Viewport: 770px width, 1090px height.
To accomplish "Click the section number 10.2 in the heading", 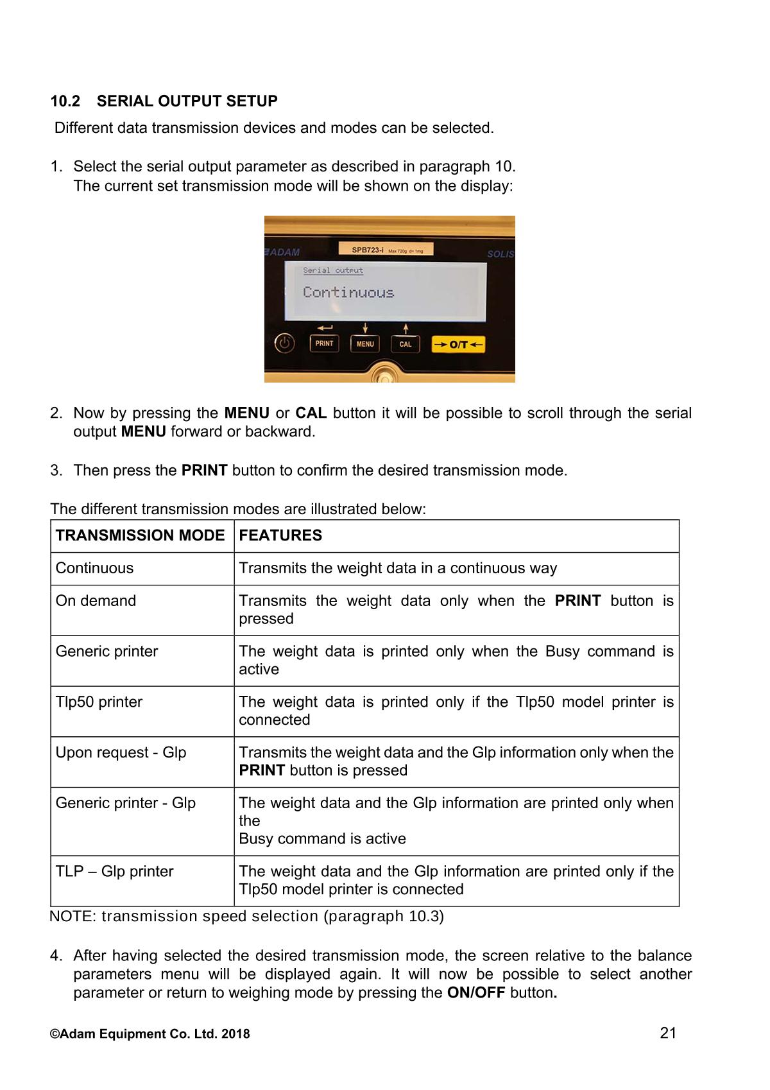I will tap(65, 101).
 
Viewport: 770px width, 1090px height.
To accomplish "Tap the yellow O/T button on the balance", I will tap(458, 345).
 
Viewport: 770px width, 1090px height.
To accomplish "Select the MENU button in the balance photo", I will tap(365, 344).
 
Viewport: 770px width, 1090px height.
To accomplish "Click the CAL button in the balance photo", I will tap(406, 344).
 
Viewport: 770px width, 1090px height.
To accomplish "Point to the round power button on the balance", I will tap(285, 344).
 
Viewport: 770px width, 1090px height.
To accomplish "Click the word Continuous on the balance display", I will tap(348, 293).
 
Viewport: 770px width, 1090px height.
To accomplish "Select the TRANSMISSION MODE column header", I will tap(140, 535).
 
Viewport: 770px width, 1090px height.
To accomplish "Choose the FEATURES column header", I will tap(280, 535).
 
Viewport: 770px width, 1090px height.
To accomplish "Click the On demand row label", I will tap(96, 601).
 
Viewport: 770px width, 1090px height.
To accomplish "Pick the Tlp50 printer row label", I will tap(99, 702).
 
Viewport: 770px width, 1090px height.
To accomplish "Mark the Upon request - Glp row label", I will tap(121, 752).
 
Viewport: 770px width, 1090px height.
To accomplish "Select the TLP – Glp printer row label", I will tap(114, 872).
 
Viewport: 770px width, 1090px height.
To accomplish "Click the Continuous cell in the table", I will tap(94, 568).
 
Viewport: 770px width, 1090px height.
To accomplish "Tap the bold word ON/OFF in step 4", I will tap(475, 993).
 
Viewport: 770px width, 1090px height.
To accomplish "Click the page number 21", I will tap(668, 1033).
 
